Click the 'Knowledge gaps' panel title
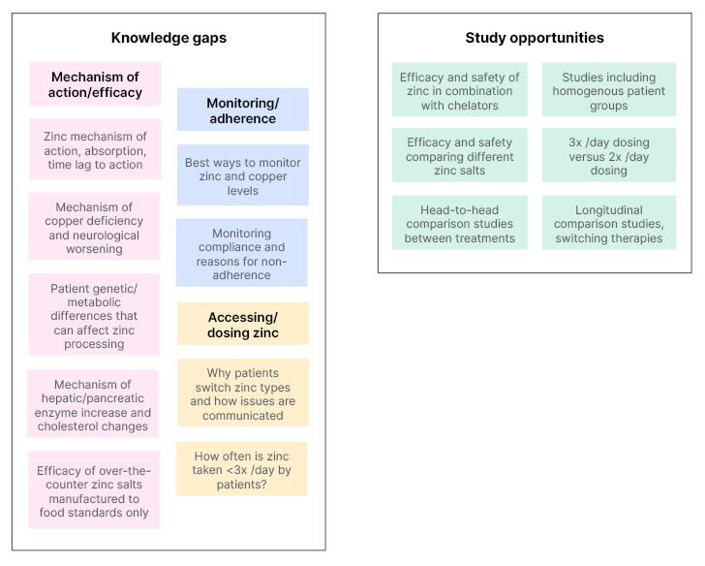pos(169,39)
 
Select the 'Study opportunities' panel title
pos(535,38)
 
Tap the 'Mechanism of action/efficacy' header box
pos(95,84)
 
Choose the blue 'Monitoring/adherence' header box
pos(242,110)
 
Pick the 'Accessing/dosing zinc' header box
pos(242,325)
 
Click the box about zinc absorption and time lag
pos(95,150)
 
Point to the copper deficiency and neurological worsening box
pos(95,228)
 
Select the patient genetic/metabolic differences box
pos(95,315)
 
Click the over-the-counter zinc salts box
pos(95,491)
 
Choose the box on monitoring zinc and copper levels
pos(242,176)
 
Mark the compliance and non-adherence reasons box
pos(242,254)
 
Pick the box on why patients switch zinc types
pos(242,394)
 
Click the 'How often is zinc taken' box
pos(242,469)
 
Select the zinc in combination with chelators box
pos(460,91)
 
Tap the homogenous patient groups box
pos(609,91)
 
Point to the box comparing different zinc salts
pos(460,156)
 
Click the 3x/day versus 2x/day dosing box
pos(609,156)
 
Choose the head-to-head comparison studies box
pos(460,224)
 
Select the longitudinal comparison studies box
pos(609,224)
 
